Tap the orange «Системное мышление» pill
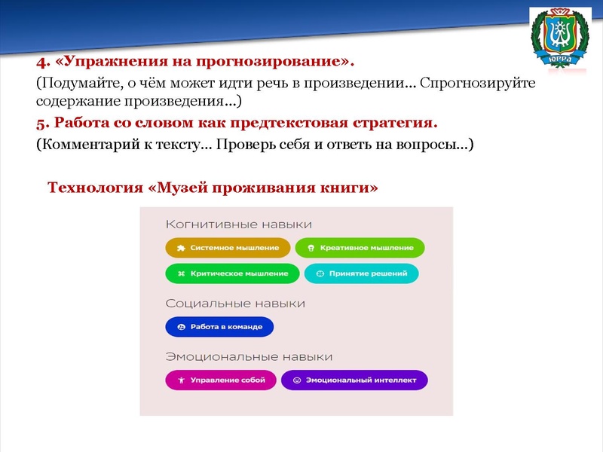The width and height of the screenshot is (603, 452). (x=228, y=248)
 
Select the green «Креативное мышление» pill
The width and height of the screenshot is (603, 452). (x=360, y=248)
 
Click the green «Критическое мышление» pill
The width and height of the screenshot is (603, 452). (x=232, y=273)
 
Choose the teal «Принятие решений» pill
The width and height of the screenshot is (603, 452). (x=361, y=273)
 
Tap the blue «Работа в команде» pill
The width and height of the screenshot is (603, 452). (x=219, y=327)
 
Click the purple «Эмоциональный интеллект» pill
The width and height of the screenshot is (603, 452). (x=354, y=380)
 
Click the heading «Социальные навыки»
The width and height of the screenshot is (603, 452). (x=235, y=304)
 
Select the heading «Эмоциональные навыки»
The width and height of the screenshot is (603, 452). (x=249, y=356)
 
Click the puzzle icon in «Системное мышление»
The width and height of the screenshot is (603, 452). (x=180, y=248)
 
